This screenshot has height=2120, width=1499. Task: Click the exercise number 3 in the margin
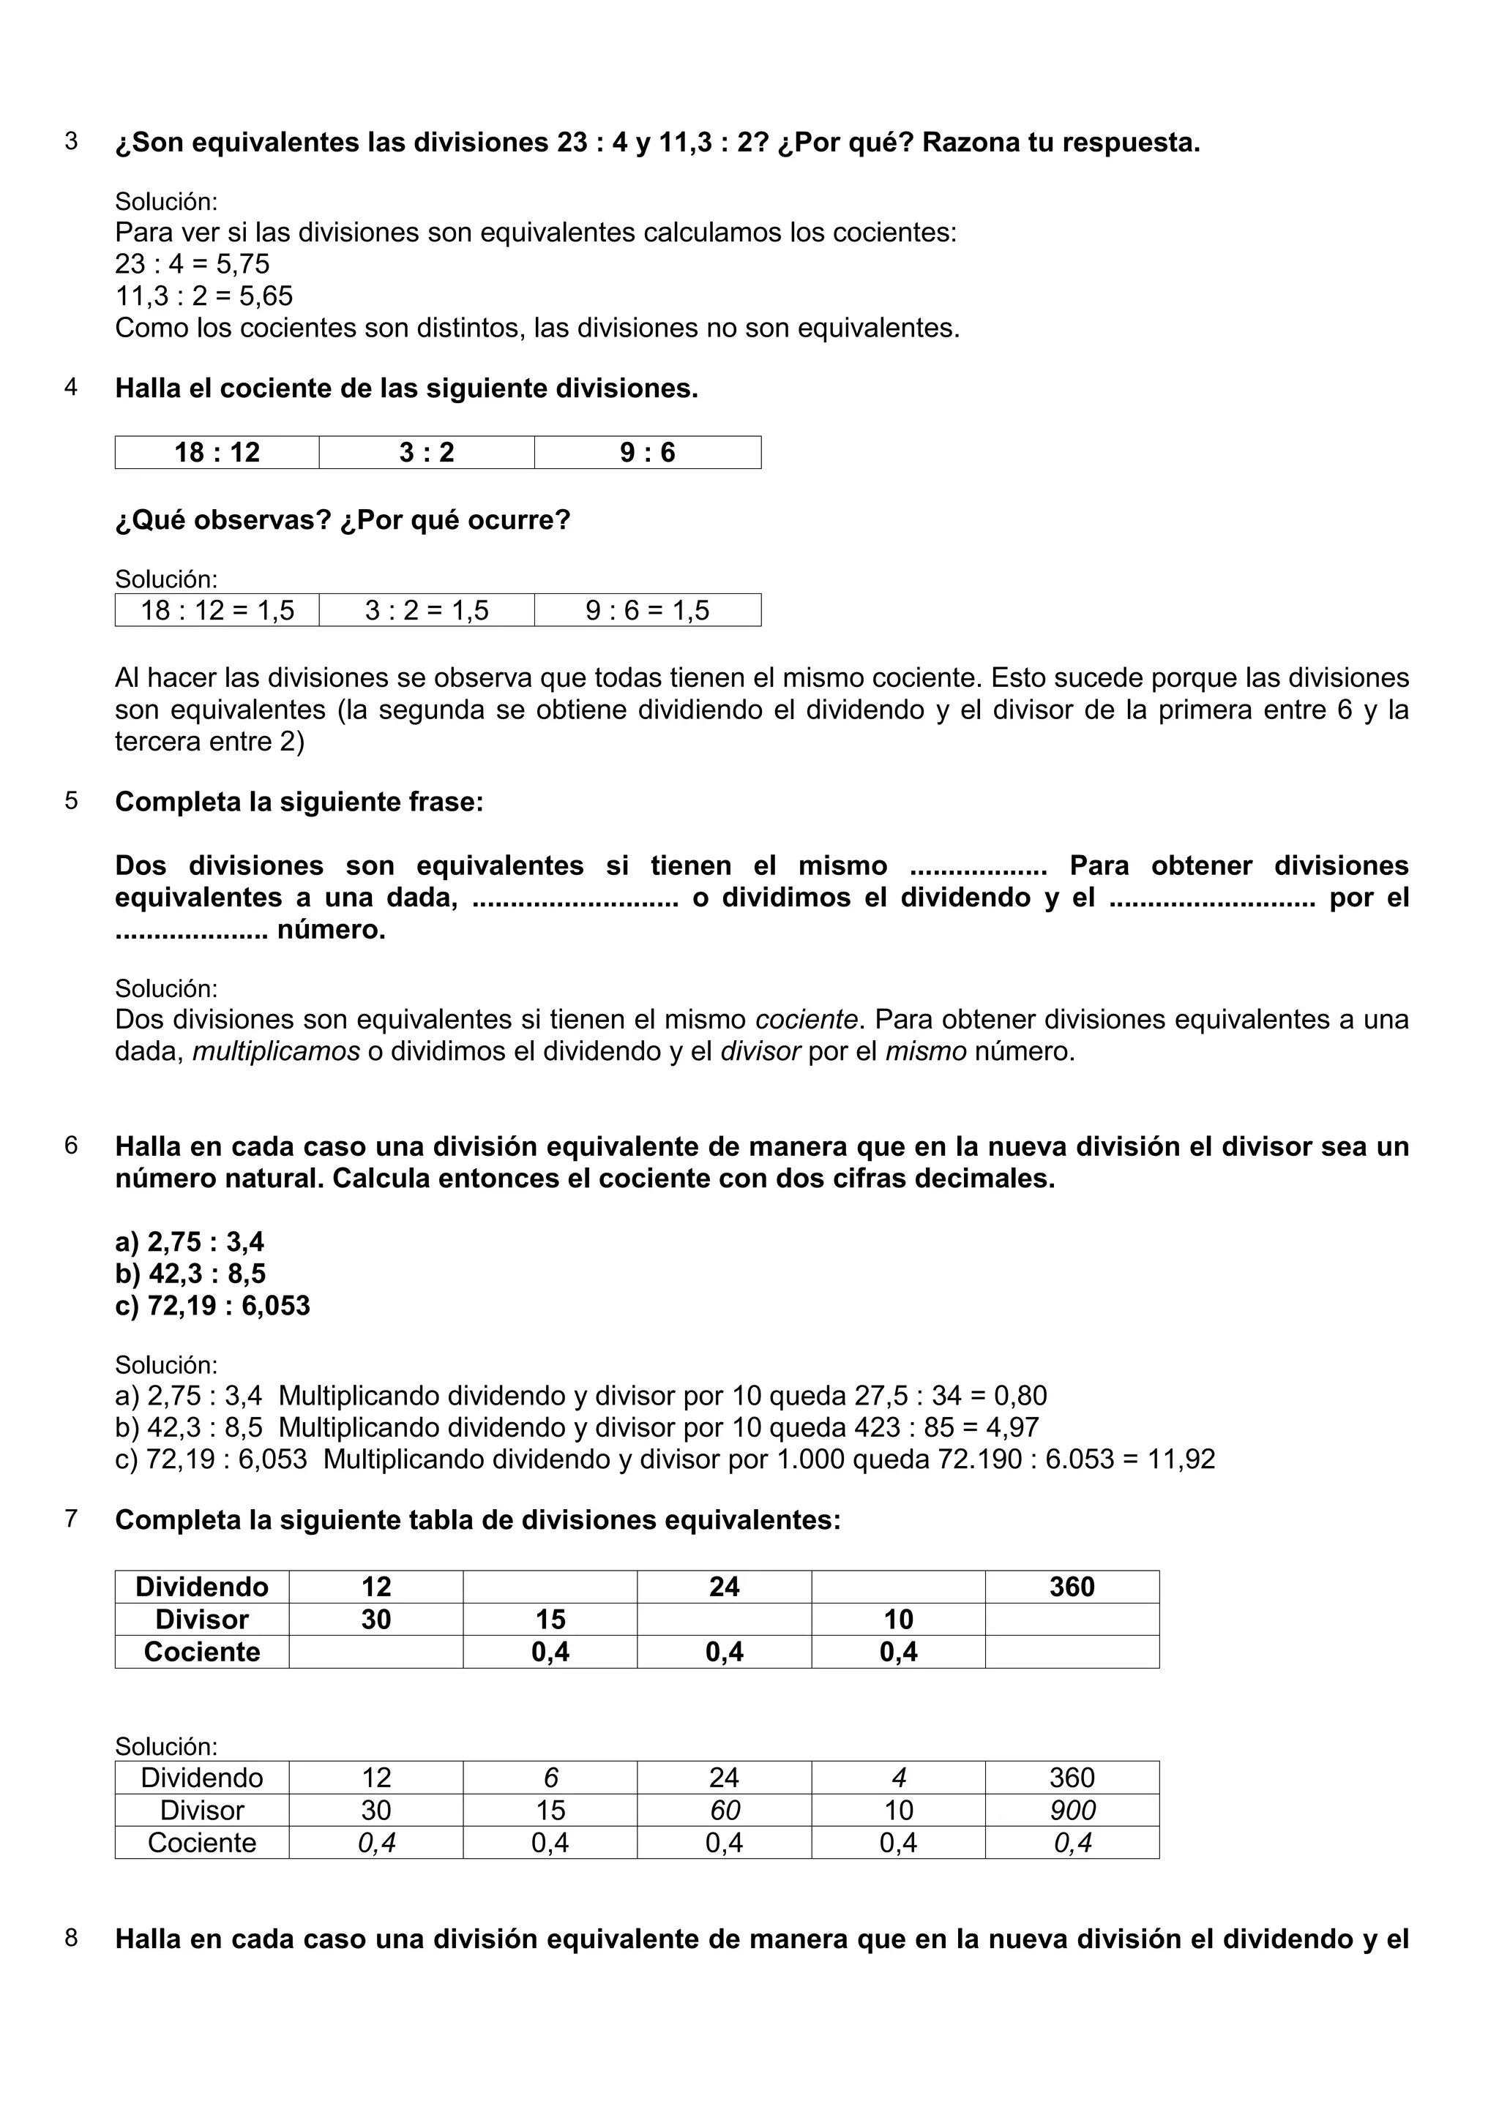tap(71, 142)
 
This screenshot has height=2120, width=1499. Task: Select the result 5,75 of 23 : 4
tap(243, 264)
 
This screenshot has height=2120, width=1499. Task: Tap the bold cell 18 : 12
tap(217, 452)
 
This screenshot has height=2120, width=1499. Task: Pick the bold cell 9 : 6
tap(648, 452)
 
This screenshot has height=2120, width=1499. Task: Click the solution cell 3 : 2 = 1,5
tap(427, 610)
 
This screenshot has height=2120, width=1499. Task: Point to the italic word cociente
tap(807, 1019)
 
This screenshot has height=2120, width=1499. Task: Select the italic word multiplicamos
tap(276, 1052)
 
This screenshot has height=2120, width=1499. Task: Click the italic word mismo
tap(925, 1052)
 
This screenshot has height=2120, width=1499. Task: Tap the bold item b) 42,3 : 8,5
tap(190, 1274)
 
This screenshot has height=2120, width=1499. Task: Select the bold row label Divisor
tap(201, 1619)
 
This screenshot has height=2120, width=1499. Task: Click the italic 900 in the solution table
tap(1072, 1810)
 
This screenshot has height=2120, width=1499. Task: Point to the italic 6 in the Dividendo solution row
tap(550, 1778)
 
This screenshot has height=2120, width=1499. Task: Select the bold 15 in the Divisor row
tap(550, 1619)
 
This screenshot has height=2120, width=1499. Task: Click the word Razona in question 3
tap(970, 142)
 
